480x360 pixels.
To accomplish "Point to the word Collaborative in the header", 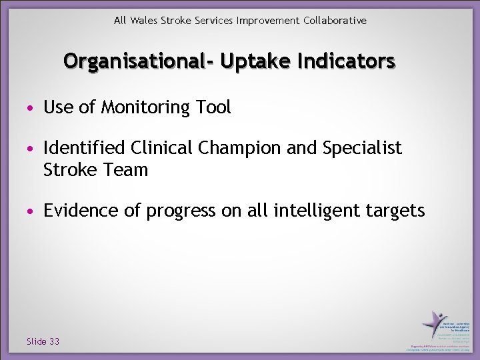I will pos(335,21).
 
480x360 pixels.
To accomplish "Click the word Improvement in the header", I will pos(268,21).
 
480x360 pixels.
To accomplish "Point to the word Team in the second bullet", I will pos(126,170).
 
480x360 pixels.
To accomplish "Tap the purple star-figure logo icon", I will pos(434,323).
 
